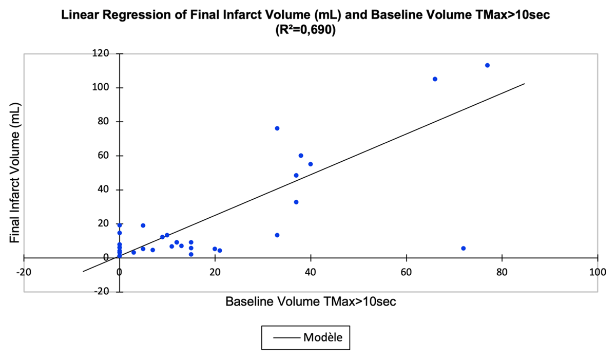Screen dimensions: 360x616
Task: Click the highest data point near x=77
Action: (487, 65)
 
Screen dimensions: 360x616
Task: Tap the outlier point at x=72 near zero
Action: (463, 248)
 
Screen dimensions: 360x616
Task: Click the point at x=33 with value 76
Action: (277, 128)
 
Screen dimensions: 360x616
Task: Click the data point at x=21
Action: (220, 251)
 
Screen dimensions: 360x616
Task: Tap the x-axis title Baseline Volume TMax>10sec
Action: (311, 302)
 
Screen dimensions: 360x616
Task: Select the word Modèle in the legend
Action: (323, 338)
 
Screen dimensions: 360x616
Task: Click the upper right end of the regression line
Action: (524, 84)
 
